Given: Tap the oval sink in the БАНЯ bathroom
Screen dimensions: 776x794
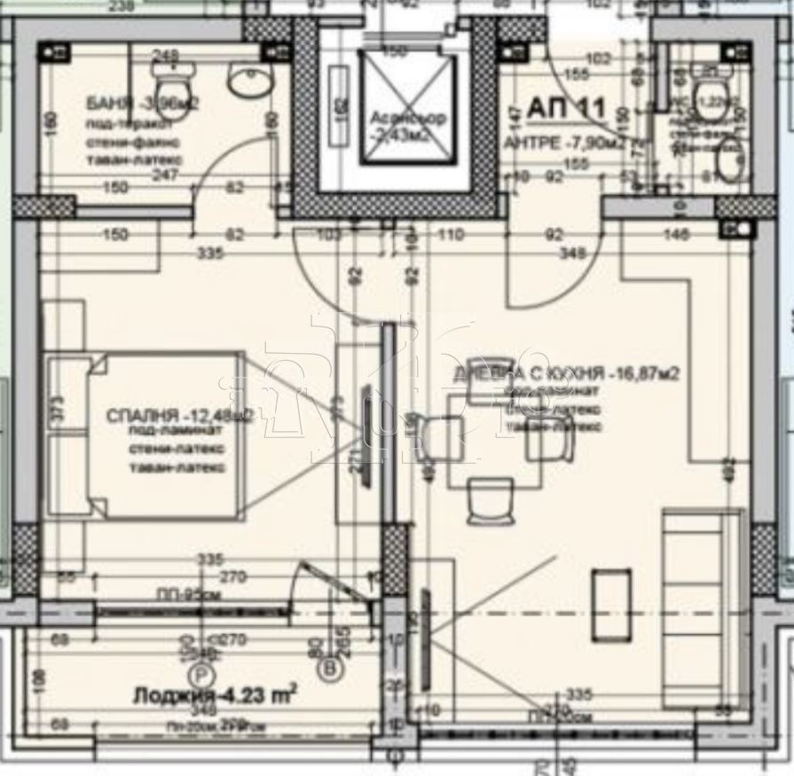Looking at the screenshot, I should (245, 82).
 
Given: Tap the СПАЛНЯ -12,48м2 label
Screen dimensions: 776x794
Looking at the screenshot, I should (177, 415).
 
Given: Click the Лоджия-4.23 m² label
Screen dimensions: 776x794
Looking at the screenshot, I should (214, 695).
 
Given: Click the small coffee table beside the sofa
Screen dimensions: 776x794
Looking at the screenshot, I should (611, 606).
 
